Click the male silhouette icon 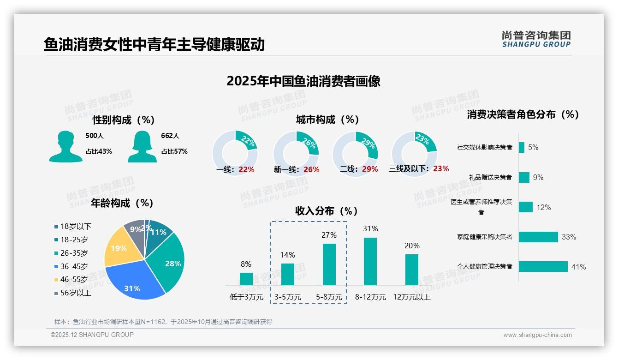coord(65,147)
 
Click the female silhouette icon coord(142,147)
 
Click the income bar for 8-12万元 coord(370,261)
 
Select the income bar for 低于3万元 coord(246,279)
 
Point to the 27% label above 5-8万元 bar coord(329,235)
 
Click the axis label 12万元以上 coord(411,297)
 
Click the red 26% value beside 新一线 coord(311,170)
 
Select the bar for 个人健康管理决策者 coord(543,266)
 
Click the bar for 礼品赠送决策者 coord(524,177)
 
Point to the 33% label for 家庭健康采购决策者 coord(569,237)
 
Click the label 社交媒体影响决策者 coord(484,148)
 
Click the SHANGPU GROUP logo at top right coord(536,39)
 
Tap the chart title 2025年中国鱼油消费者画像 coord(303,81)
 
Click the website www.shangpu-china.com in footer coord(537,335)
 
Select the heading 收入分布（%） coord(327,211)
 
